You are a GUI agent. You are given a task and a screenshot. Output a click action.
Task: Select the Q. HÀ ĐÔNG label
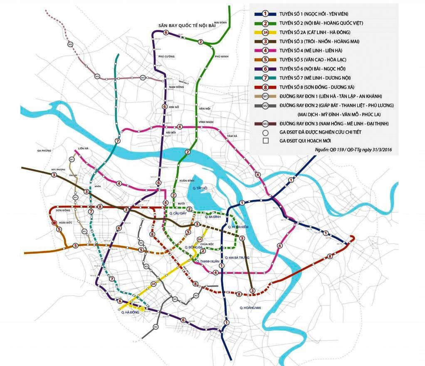130,312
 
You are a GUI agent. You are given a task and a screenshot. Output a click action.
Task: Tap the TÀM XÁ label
232,136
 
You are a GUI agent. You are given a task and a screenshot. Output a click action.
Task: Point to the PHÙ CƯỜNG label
166,56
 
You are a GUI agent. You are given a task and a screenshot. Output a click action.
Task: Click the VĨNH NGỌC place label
206,122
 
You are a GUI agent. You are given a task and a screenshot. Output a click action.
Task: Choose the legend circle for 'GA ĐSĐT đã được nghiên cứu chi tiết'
265,132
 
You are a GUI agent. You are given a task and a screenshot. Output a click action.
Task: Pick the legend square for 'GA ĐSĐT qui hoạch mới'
265,141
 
